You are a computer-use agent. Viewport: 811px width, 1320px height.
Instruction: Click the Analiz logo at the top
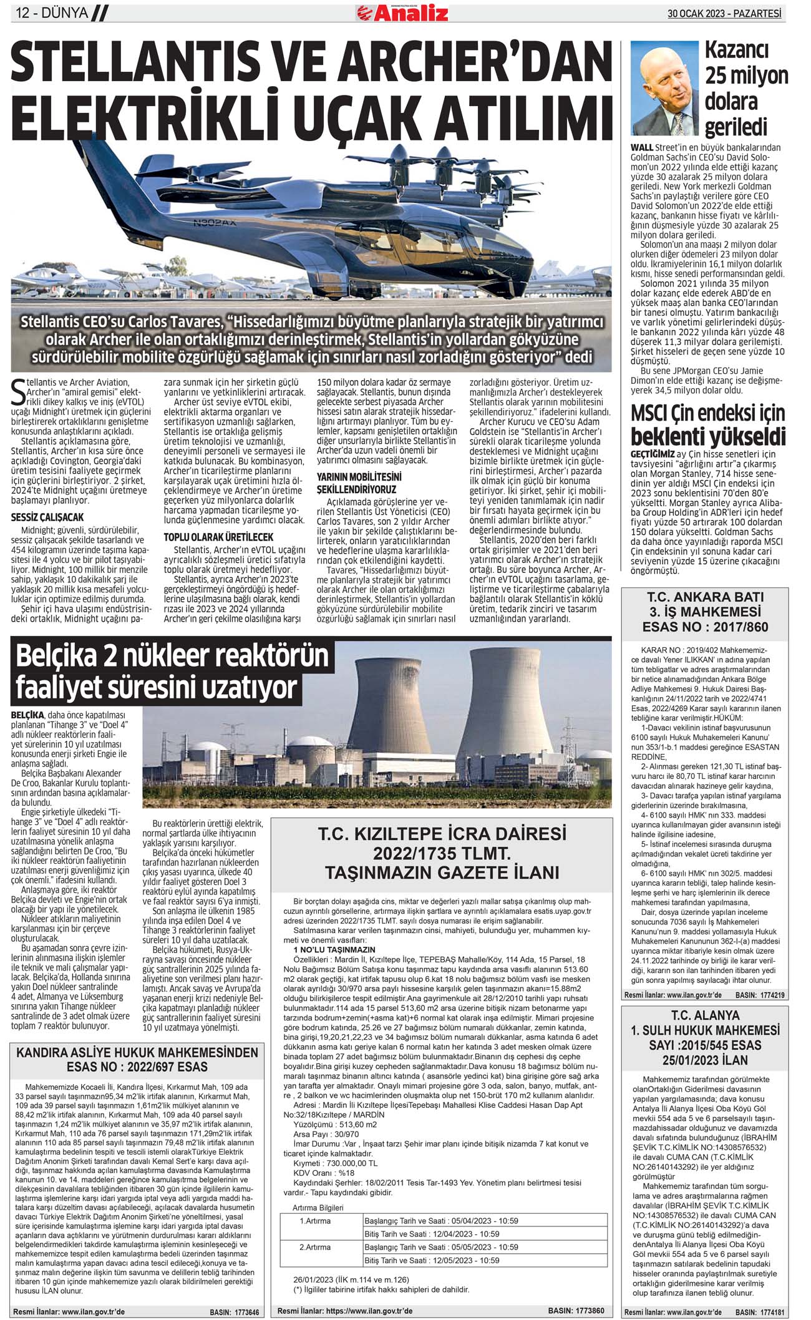click(402, 12)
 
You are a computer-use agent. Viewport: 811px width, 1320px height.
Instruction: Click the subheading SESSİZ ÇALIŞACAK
click(47, 517)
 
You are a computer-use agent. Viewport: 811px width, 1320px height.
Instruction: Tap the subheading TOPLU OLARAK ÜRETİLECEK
click(218, 537)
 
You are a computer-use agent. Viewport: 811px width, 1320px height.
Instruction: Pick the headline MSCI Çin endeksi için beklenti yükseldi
click(707, 425)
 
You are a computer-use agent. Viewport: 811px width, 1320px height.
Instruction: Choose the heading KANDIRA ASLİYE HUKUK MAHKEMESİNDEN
click(137, 1052)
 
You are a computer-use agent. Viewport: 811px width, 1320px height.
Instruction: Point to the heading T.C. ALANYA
click(705, 1015)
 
